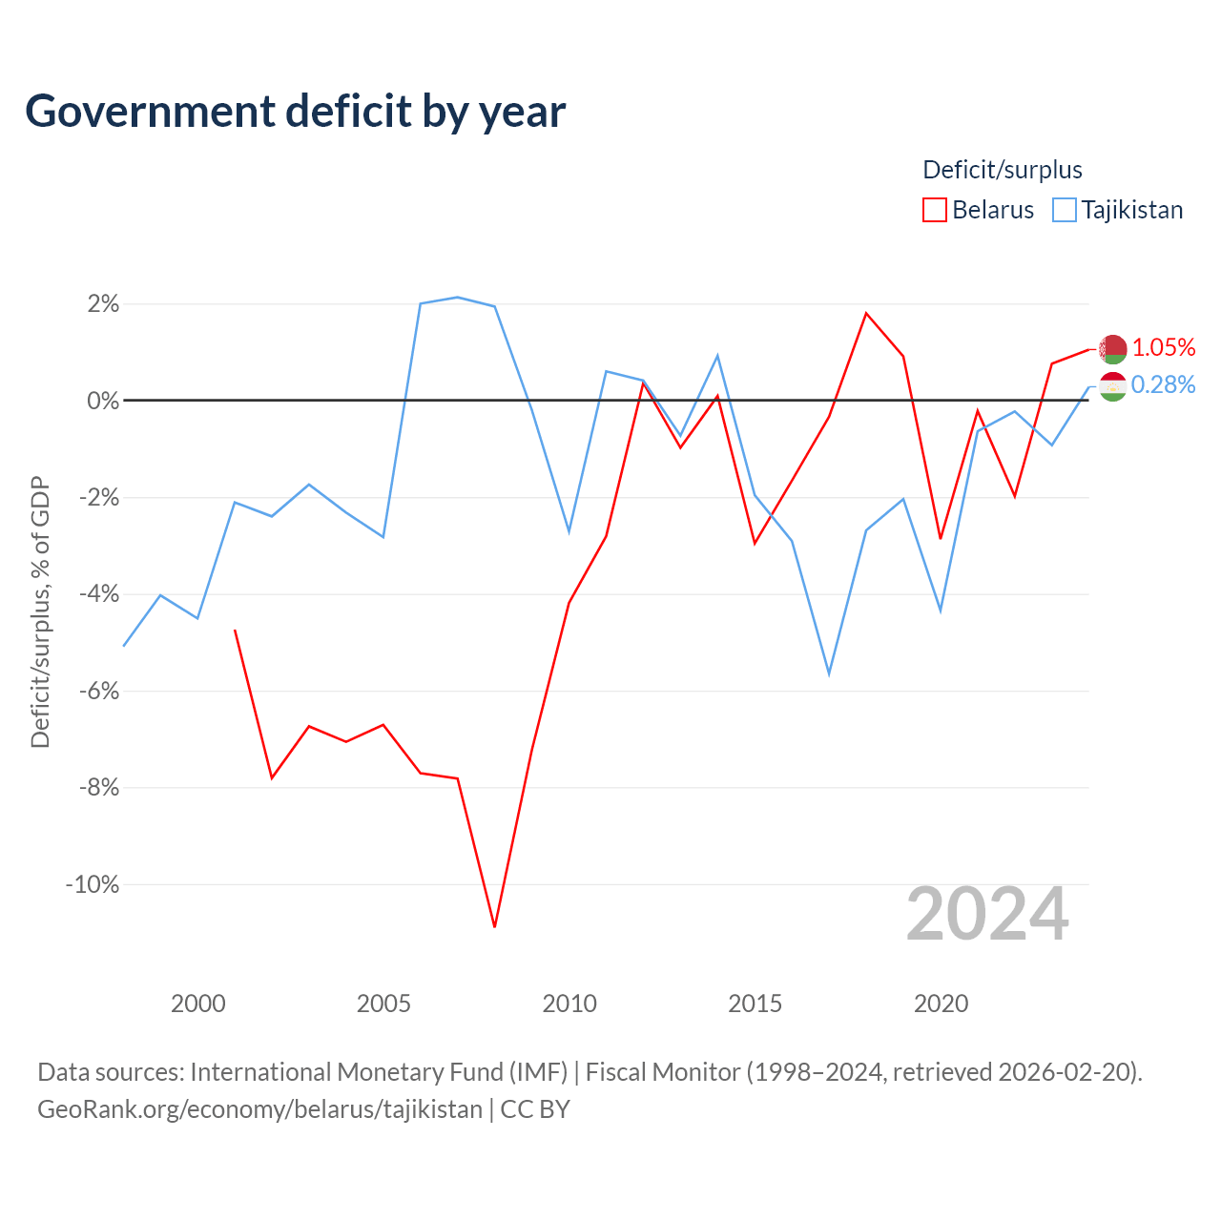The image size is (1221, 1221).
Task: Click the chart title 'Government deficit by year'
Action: pyautogui.click(x=295, y=112)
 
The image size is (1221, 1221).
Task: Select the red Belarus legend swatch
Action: pyautogui.click(x=934, y=210)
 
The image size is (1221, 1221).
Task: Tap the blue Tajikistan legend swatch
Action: pyautogui.click(x=1064, y=210)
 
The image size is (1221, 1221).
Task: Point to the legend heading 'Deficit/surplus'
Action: pyautogui.click(x=1002, y=170)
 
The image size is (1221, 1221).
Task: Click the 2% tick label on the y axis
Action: pyautogui.click(x=103, y=304)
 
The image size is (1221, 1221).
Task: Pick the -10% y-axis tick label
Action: pyautogui.click(x=93, y=884)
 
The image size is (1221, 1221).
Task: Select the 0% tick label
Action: pyautogui.click(x=103, y=401)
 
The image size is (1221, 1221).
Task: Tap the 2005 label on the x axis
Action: pyautogui.click(x=383, y=1004)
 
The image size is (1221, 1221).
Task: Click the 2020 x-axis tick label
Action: pyautogui.click(x=941, y=1004)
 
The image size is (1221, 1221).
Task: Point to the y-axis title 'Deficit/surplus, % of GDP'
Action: pyautogui.click(x=40, y=611)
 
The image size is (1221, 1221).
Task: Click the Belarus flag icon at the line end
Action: pyautogui.click(x=1112, y=349)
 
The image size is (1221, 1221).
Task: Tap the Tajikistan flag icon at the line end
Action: pyautogui.click(x=1112, y=386)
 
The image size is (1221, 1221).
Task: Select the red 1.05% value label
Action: pyautogui.click(x=1164, y=347)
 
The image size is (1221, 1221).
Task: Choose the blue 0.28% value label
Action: pyautogui.click(x=1164, y=384)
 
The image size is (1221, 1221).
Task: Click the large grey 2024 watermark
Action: pyautogui.click(x=987, y=914)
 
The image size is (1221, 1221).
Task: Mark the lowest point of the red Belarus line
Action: pyautogui.click(x=494, y=927)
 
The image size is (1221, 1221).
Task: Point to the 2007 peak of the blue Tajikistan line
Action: pyautogui.click(x=458, y=298)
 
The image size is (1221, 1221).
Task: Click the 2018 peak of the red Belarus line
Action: pyautogui.click(x=866, y=314)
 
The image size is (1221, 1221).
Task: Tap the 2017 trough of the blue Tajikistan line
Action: pyautogui.click(x=829, y=674)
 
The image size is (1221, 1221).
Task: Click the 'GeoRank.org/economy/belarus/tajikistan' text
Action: pyautogui.click(x=259, y=1108)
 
